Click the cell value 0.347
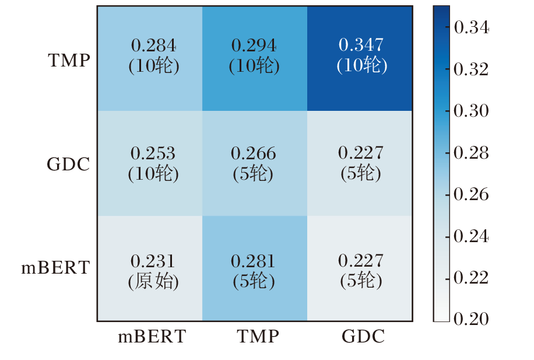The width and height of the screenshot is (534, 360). [361, 55]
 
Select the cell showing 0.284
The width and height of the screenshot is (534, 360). [153, 55]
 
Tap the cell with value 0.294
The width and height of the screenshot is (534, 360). [254, 55]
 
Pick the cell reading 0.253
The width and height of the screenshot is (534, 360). [153, 163]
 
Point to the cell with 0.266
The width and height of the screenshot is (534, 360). [254, 163]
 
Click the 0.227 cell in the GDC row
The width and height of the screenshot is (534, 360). [361, 163]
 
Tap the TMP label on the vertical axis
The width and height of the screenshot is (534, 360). [69, 60]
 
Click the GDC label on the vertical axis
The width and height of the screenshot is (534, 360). [68, 165]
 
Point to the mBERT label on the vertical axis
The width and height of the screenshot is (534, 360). [56, 268]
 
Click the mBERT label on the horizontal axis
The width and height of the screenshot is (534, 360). [152, 337]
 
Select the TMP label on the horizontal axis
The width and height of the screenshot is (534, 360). [258, 337]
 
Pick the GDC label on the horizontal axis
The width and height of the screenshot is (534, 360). [363, 337]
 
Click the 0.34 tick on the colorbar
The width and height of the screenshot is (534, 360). [471, 27]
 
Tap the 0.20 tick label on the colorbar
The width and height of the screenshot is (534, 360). [471, 319]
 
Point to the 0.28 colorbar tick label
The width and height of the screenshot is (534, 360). [471, 152]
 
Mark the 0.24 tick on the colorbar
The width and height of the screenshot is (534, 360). [471, 236]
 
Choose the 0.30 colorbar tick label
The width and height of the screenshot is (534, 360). [471, 111]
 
